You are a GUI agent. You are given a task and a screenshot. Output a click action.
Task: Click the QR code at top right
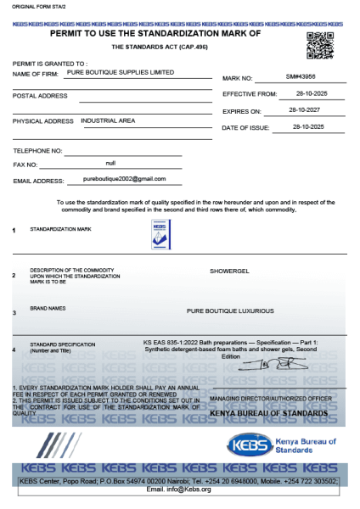[x=319, y=45]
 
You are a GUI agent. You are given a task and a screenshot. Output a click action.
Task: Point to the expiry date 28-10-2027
[x=304, y=110]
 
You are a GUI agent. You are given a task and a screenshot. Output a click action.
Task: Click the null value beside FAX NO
[x=110, y=162]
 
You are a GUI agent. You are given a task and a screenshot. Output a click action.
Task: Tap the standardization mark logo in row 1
[x=160, y=233]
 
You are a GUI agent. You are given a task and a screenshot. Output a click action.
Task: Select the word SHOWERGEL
[x=229, y=271]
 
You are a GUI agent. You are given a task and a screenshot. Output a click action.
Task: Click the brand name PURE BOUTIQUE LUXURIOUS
[x=230, y=310]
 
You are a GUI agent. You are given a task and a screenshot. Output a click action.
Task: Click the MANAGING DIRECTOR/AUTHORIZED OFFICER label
[x=271, y=397]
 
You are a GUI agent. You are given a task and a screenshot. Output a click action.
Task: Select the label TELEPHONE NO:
[x=37, y=150]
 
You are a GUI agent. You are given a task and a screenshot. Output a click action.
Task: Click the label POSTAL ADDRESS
[x=40, y=96]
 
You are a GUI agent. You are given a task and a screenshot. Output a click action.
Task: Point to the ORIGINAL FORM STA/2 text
[x=31, y=8]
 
